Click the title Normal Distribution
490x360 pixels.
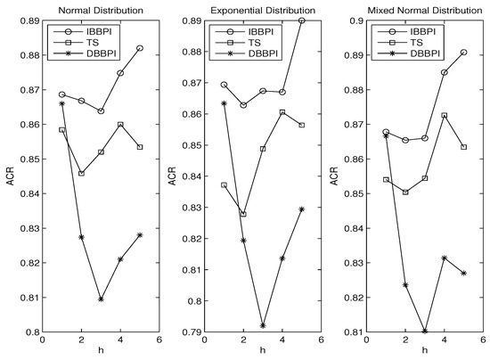(x=91, y=9)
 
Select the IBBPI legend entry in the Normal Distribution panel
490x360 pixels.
(x=93, y=31)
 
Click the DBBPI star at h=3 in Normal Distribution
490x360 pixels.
(x=101, y=299)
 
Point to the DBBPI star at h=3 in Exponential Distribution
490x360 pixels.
(x=262, y=326)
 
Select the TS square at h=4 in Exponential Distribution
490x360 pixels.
(x=282, y=112)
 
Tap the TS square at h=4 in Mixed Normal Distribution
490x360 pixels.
(x=444, y=116)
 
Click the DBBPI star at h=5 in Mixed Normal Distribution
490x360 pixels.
(x=463, y=273)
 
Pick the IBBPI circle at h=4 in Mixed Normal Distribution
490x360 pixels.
(x=444, y=72)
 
